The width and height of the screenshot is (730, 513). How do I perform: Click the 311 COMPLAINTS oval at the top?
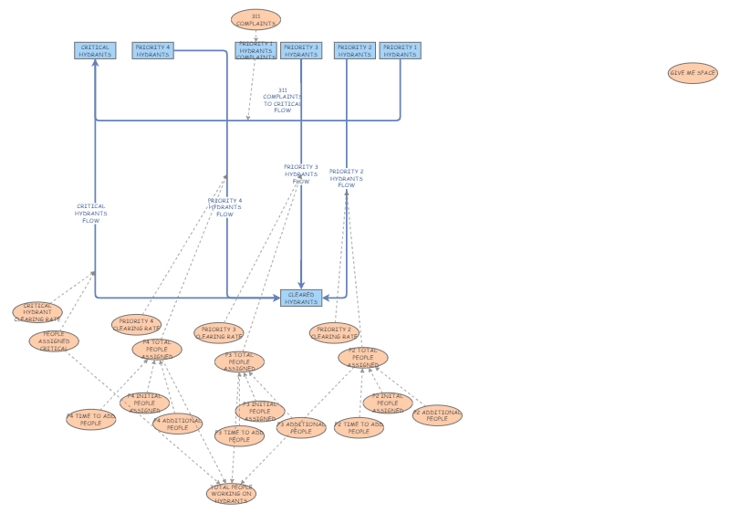tap(255, 19)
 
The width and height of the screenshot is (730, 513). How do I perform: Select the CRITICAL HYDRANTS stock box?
tap(95, 51)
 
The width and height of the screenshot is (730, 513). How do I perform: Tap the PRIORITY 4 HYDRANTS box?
tap(152, 51)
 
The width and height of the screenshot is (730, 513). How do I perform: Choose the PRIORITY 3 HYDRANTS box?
tap(301, 51)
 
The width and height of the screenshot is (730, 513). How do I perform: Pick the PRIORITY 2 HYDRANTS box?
tap(354, 51)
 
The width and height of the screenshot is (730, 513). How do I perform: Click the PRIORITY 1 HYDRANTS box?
tap(400, 51)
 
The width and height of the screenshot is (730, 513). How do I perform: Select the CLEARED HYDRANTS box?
tap(301, 298)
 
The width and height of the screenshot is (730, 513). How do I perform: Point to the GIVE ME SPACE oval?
tap(693, 73)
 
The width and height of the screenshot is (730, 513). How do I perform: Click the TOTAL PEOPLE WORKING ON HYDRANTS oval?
tap(231, 494)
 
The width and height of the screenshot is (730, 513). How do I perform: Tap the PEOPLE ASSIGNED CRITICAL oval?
tap(54, 341)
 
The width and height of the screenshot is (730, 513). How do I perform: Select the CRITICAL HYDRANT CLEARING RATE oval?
tap(37, 313)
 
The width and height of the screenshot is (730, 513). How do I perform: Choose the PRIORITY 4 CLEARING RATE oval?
tap(136, 325)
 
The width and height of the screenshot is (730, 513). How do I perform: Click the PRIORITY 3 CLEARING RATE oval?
tap(218, 333)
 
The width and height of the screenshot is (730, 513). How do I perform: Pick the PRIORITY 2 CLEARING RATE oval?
tap(334, 333)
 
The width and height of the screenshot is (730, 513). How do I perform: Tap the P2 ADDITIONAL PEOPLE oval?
tap(437, 415)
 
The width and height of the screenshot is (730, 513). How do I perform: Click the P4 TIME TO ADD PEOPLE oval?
tap(90, 420)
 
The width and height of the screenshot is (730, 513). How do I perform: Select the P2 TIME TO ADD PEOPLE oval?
tap(359, 427)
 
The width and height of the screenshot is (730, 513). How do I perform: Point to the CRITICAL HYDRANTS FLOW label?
tap(91, 213)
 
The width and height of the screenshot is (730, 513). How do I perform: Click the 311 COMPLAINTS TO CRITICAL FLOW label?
tap(282, 99)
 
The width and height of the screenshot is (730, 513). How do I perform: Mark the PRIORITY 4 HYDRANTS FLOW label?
tap(224, 207)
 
